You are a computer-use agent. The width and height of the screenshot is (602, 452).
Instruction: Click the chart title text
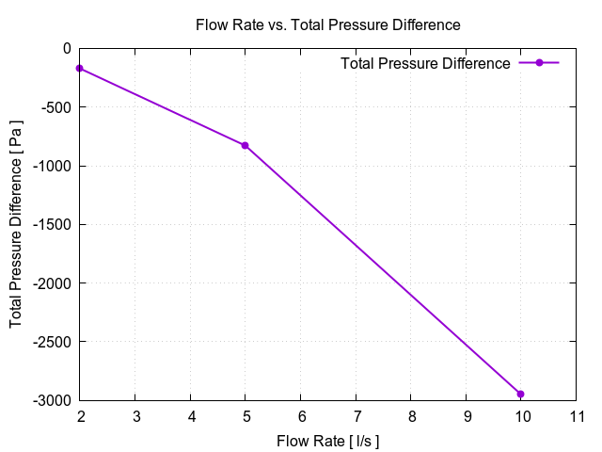point(327,24)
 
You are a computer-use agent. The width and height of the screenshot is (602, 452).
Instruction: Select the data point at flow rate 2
point(80,68)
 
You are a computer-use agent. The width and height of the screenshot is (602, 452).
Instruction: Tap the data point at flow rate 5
point(246,145)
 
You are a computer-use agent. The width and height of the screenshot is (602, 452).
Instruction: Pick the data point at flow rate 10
point(521,394)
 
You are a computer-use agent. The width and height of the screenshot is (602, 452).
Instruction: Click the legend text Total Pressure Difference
point(425,63)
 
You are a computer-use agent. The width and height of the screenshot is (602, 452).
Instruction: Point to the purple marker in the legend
point(539,63)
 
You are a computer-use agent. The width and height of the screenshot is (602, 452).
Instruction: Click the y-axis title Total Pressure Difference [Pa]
point(17,224)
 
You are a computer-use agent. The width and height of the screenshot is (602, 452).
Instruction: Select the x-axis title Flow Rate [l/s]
point(327,441)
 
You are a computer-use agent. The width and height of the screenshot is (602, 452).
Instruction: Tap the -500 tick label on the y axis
point(55,106)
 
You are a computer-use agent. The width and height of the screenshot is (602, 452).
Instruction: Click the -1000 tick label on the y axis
point(51,166)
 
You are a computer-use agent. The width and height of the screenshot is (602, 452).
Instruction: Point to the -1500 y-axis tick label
point(51,224)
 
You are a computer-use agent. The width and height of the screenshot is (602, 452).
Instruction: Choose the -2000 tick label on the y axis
point(51,282)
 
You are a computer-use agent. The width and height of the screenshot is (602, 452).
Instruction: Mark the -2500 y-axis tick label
point(51,342)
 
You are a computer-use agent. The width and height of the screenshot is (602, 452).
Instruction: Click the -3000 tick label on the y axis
point(51,400)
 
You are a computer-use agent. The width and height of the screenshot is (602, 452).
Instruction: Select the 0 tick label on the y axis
point(66,48)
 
